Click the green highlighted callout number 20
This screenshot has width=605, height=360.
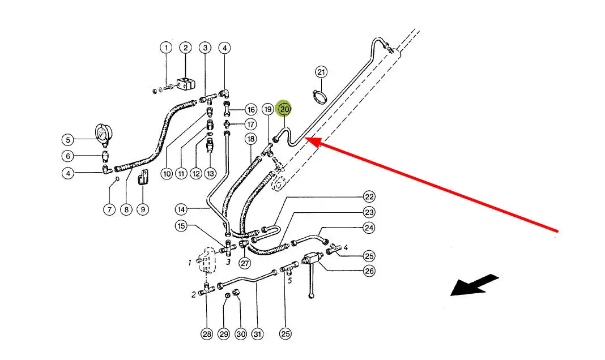[284, 108]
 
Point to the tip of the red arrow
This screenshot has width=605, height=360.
[306, 138]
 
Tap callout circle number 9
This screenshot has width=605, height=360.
[143, 209]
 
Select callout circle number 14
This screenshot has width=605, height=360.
[181, 209]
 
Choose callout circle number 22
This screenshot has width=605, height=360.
[369, 197]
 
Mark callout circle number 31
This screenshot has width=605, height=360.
[258, 334]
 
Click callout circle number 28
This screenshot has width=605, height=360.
[207, 334]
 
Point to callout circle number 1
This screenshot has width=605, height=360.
[166, 48]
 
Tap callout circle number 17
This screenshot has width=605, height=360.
[250, 124]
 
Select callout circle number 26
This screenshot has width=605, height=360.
[369, 271]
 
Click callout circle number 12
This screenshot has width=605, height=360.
[195, 174]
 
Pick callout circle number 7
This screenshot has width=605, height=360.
[109, 209]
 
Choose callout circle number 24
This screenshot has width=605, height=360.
[369, 228]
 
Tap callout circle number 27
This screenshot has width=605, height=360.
[245, 263]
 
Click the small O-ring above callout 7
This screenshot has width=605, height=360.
[117, 179]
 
